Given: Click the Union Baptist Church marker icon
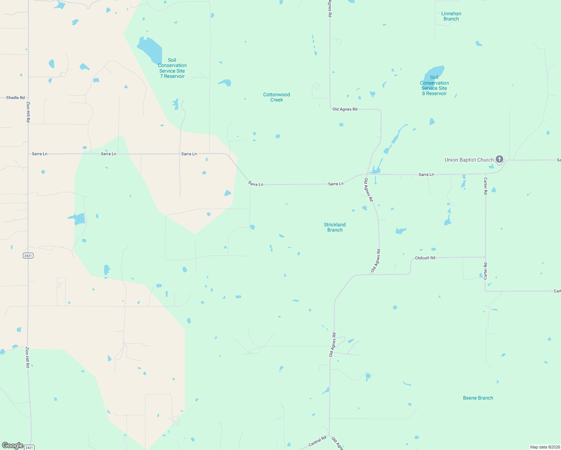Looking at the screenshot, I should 499,159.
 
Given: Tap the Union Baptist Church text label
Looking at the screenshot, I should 469,160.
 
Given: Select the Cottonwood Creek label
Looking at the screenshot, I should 276,97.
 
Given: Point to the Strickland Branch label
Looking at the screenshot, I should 335,227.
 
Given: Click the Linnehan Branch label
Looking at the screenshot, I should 451,16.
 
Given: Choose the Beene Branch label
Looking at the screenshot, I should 478,398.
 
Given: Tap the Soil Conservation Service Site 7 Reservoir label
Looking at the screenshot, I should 172,68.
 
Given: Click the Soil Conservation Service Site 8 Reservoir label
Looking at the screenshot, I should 434,85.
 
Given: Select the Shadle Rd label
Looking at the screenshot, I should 15,97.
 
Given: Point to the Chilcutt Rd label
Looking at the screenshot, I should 425,258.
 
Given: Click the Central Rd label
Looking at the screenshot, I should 317,441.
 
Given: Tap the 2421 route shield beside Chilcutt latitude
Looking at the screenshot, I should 28,255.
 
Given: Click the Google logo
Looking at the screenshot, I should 12,445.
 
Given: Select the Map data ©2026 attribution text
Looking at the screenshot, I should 544,447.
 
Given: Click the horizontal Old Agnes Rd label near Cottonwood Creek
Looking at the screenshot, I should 345,109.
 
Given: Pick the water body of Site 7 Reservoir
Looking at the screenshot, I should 150,49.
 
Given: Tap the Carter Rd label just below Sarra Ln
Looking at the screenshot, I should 485,186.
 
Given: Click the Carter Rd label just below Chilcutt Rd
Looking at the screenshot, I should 485,271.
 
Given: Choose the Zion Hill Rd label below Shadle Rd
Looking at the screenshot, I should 28,112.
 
